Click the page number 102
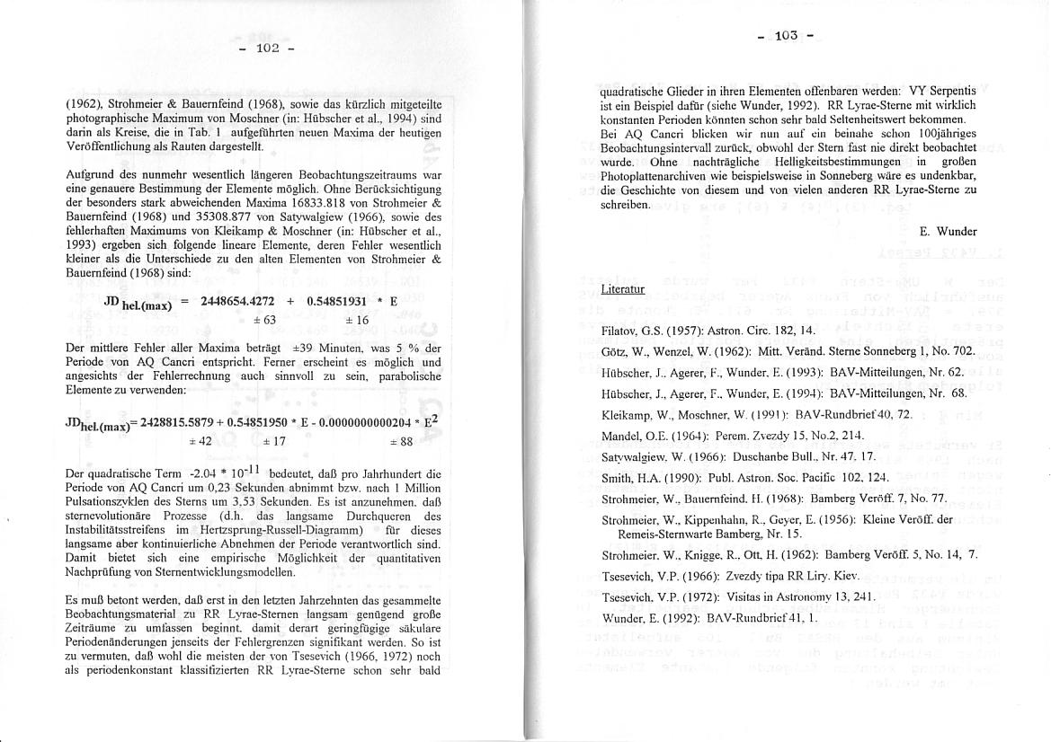point(269,48)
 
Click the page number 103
point(786,36)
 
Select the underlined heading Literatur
point(623,288)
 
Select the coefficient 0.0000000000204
point(370,423)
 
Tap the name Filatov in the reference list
point(621,331)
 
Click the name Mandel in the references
point(621,436)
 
